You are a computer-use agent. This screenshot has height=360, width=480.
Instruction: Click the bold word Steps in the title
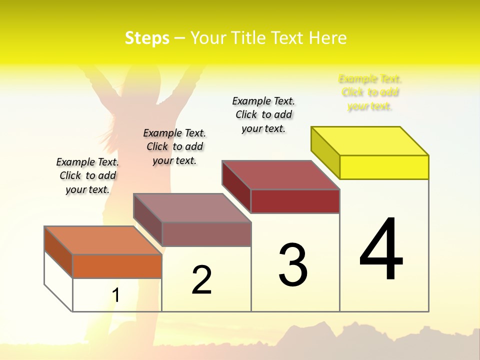pyautogui.click(x=147, y=38)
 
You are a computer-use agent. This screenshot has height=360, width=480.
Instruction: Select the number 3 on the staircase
pyautogui.click(x=292, y=265)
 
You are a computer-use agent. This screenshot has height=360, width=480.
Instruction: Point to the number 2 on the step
pyautogui.click(x=201, y=280)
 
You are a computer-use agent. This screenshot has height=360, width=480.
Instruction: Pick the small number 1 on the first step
pyautogui.click(x=115, y=295)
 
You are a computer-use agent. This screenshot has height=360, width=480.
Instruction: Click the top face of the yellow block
pyautogui.click(x=370, y=140)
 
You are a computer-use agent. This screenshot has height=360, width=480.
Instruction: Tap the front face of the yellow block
pyautogui.click(x=384, y=167)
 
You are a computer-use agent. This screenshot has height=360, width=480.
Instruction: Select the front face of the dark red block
pyautogui.click(x=295, y=201)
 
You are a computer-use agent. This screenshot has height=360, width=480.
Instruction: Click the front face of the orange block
pyautogui.click(x=117, y=266)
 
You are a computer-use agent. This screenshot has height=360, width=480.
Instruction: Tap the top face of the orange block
pyautogui.click(x=103, y=240)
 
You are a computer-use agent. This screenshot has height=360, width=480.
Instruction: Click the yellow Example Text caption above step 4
pyautogui.click(x=370, y=92)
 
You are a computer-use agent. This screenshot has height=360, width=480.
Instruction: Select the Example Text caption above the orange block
pyautogui.click(x=87, y=175)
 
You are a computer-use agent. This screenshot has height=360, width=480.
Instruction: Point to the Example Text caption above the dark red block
pyautogui.click(x=263, y=114)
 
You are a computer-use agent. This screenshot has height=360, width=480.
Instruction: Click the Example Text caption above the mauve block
pyautogui.click(x=174, y=146)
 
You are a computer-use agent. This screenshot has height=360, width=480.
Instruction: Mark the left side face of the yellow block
pyautogui.click(x=325, y=152)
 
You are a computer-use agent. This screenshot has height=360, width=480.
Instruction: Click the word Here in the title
pyautogui.click(x=328, y=38)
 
